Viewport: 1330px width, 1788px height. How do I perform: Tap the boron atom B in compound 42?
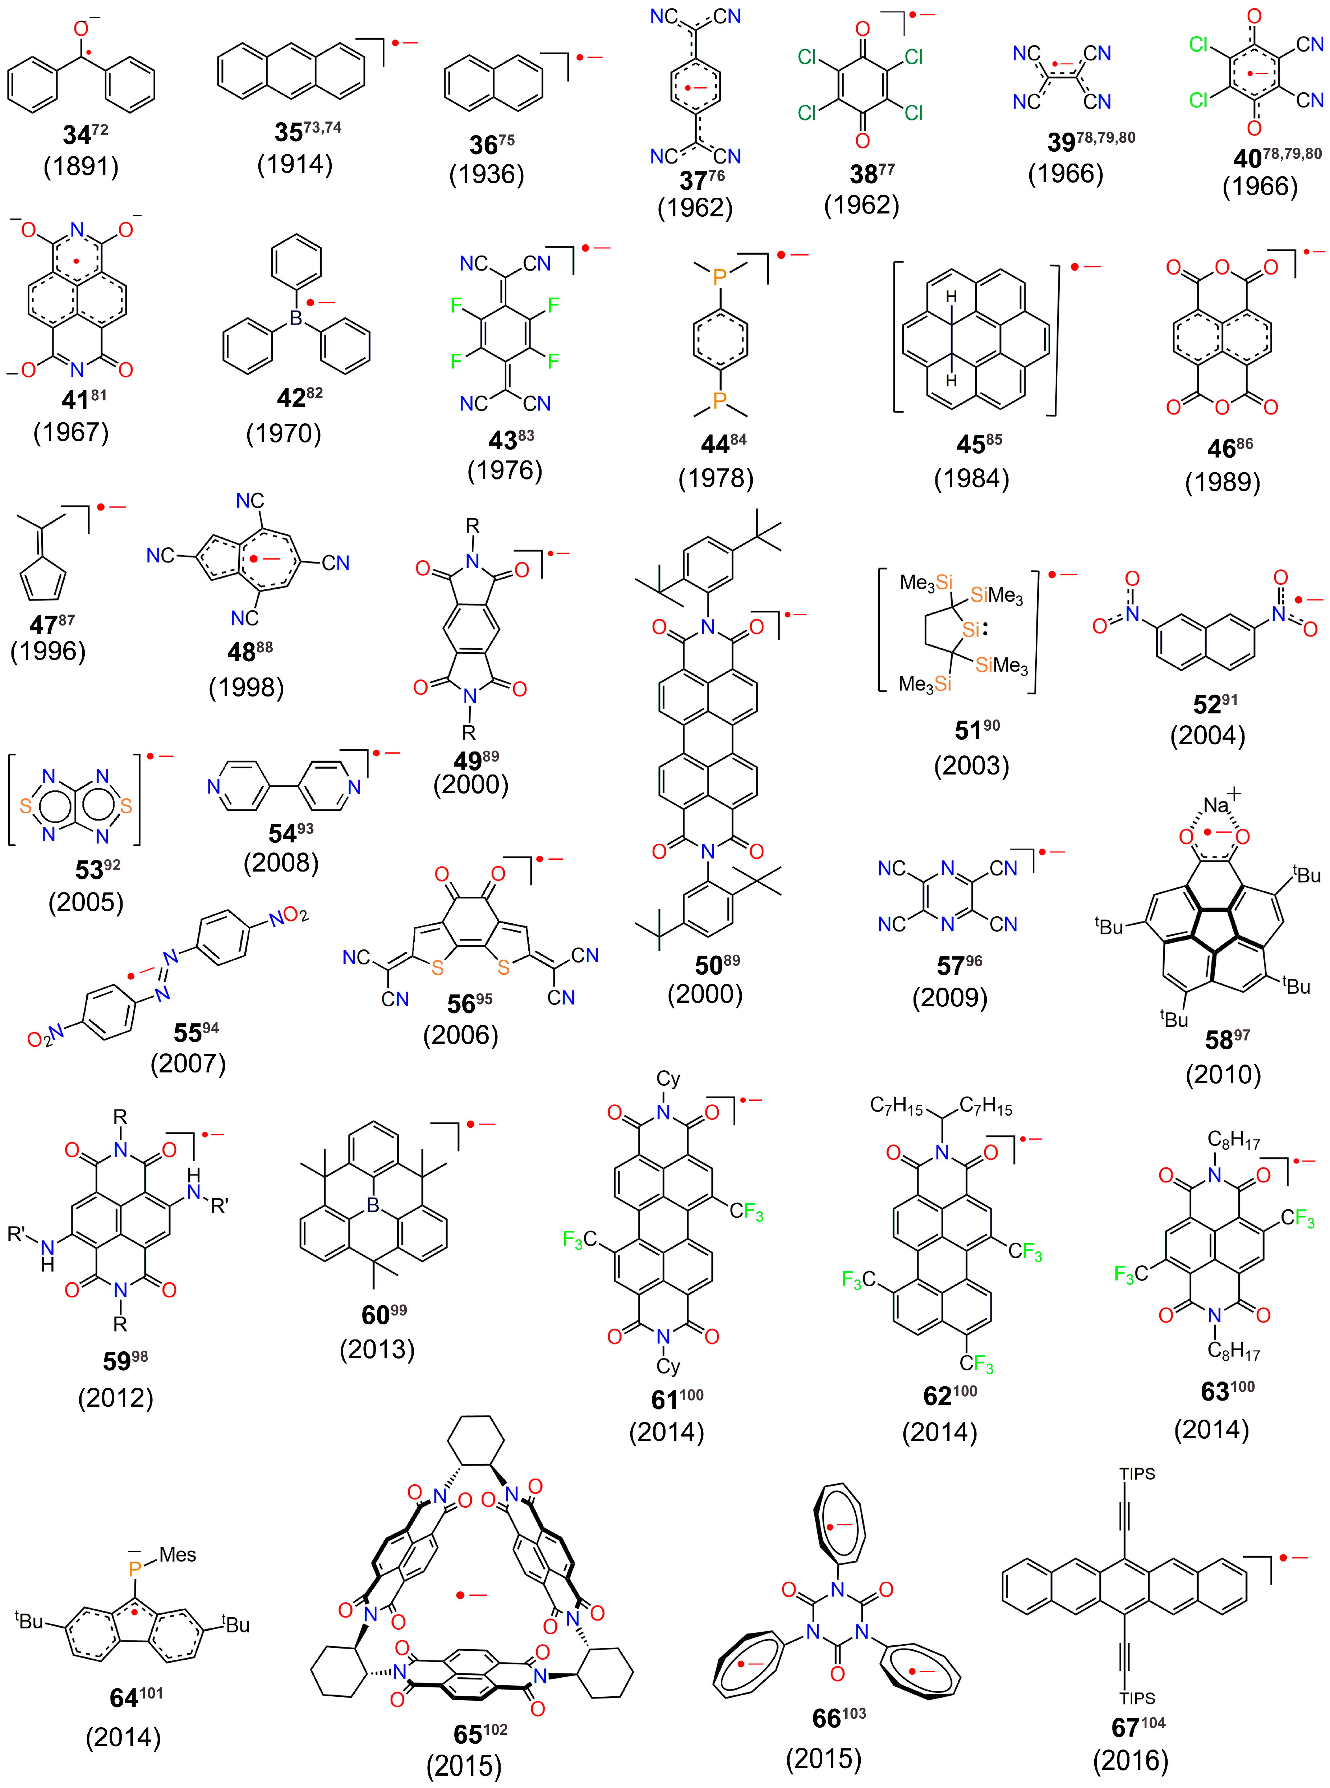click(x=296, y=319)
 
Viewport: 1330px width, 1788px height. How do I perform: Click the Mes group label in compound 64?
click(x=177, y=1554)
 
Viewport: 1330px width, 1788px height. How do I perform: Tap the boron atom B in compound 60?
click(x=373, y=1205)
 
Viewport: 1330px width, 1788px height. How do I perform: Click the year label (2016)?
click(x=1130, y=1761)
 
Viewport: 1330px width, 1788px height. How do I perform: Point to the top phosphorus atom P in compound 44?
click(x=720, y=277)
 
